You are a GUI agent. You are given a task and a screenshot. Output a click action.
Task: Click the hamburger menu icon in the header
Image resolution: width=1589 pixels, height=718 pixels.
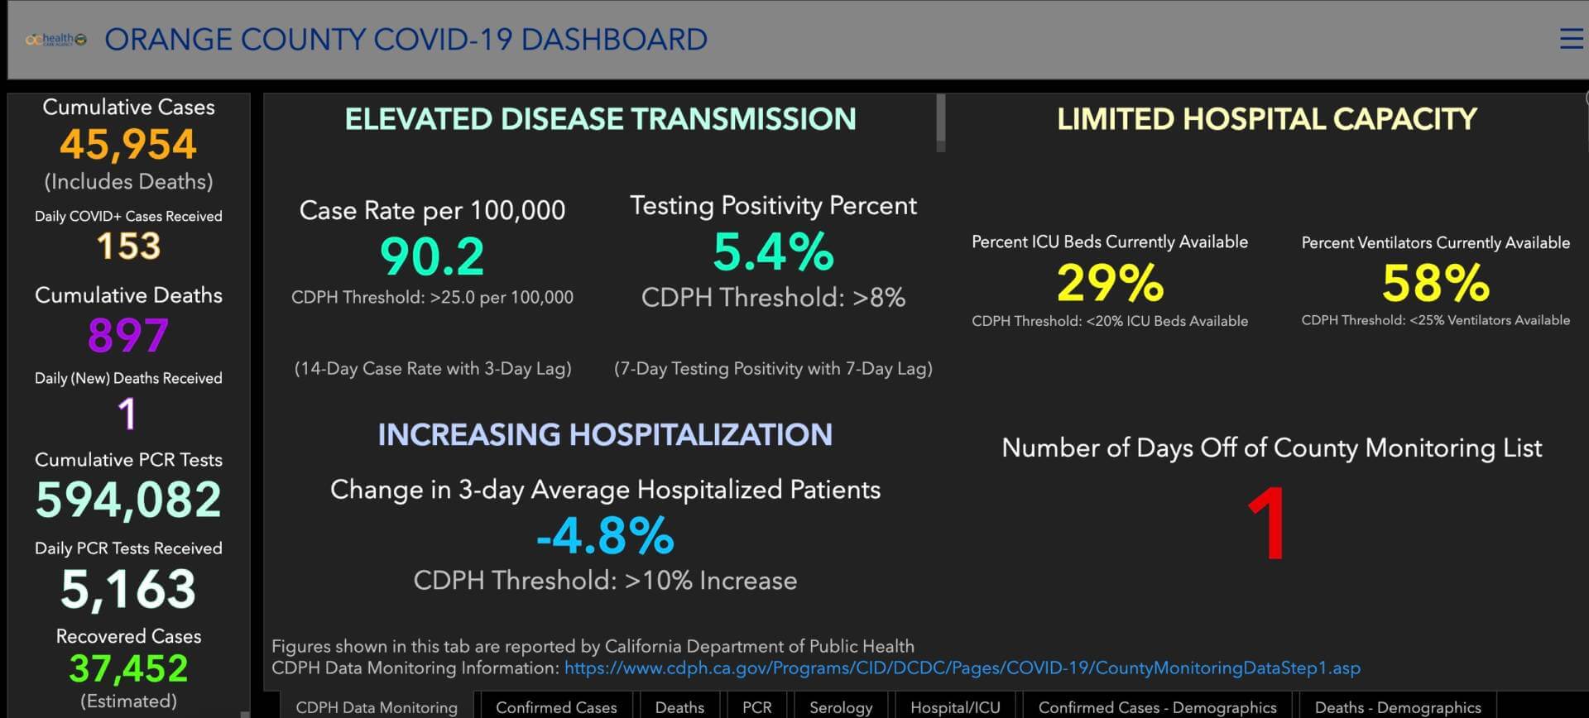1571,39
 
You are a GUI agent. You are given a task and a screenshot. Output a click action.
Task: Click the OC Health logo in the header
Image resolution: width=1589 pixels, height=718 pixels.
55,39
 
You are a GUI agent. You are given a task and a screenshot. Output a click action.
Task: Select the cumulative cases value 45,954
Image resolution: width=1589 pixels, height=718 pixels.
128,145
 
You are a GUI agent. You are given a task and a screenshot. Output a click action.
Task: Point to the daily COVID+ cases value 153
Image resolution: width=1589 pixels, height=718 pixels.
128,247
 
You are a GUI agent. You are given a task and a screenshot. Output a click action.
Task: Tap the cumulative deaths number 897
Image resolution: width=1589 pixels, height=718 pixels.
128,335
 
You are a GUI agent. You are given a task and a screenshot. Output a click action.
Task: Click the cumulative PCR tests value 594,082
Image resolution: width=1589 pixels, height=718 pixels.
128,500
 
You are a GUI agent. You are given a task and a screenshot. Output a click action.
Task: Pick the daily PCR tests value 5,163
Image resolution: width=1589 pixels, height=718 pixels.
128,589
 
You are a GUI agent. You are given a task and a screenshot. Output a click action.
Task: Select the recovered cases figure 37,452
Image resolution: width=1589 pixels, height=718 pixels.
128,668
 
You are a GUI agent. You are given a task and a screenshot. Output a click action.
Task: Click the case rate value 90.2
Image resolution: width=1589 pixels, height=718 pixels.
432,256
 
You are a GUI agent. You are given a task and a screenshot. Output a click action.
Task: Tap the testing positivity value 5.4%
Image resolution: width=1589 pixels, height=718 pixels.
773,252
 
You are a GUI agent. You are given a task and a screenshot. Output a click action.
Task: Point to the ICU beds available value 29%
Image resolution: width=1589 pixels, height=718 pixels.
1110,282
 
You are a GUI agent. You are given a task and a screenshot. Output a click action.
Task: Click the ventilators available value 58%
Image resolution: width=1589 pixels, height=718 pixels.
1436,283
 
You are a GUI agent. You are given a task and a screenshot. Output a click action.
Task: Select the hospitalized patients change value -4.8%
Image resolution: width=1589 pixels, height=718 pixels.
605,536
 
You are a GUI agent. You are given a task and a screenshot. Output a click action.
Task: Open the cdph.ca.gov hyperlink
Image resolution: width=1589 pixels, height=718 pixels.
963,668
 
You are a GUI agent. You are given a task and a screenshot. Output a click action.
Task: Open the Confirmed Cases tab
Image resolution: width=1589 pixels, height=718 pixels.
556,707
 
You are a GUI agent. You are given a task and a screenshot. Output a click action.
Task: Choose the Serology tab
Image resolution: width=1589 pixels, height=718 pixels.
841,707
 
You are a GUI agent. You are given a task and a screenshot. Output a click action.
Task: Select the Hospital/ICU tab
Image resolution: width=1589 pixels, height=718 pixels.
955,707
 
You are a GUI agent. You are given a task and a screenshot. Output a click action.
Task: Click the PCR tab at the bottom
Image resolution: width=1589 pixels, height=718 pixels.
756,707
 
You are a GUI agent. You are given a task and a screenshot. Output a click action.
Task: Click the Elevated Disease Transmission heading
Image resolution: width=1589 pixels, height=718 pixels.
600,119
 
